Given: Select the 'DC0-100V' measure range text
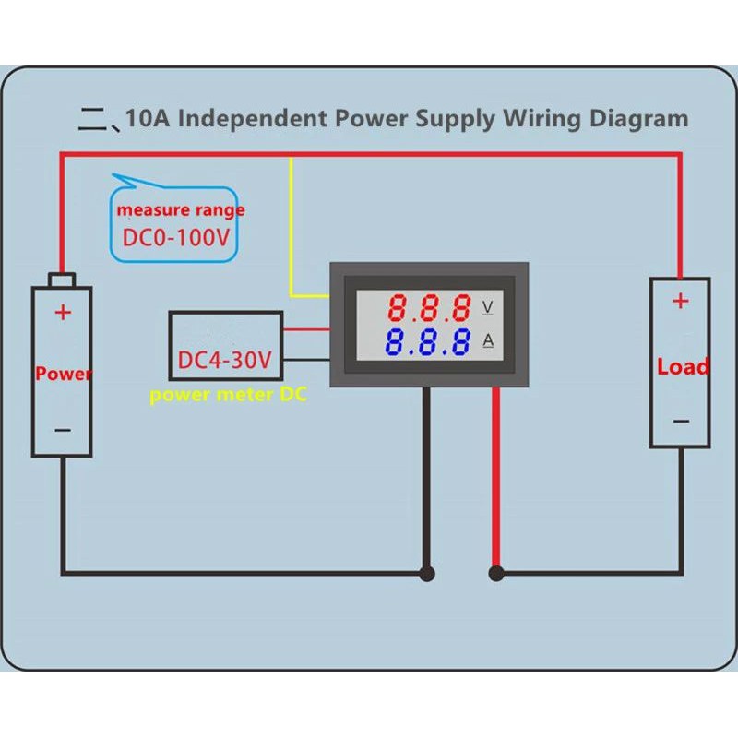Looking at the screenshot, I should pos(176,239).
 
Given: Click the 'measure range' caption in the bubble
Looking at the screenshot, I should pos(180,210).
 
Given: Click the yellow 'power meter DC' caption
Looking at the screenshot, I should pos(228,395).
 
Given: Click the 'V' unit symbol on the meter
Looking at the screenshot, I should pos(488,305).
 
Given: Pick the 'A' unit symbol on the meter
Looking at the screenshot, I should pos(488,341).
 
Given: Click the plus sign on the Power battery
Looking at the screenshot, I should pos(63,312).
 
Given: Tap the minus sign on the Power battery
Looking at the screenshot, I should pos(63,430).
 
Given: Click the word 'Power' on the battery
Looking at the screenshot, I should pos(63,374).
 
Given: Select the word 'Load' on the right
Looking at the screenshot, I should pos(683,367).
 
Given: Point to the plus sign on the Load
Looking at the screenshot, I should pos(680,301).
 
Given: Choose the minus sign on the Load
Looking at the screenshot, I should pos(681,421).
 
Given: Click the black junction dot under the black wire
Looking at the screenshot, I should pos(426,574).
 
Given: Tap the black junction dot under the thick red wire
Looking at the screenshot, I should pos(496,574).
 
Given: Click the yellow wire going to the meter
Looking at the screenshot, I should pos(292,231).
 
